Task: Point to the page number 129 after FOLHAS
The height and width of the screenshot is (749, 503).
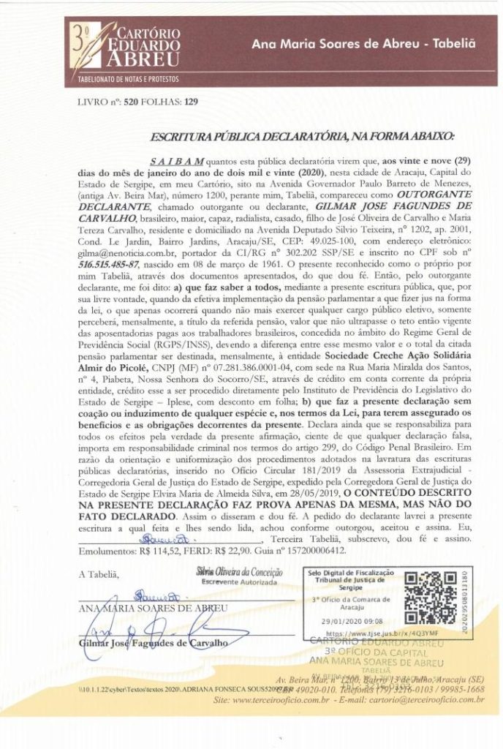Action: tap(192, 102)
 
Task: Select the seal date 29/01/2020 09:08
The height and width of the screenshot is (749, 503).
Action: tap(339, 620)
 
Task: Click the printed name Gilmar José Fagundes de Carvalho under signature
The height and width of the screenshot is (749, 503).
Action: tap(154, 643)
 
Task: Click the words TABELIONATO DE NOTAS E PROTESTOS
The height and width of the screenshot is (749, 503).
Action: tap(124, 78)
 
